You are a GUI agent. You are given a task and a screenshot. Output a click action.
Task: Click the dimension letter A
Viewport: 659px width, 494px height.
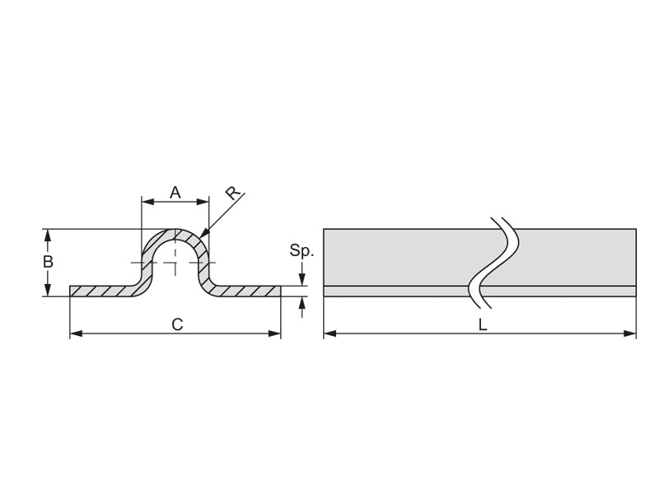175,193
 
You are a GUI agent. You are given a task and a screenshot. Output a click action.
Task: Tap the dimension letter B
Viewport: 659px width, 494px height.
48,262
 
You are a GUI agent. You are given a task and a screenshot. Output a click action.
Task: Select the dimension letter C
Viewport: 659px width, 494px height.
177,324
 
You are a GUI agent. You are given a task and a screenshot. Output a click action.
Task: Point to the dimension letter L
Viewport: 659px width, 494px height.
483,324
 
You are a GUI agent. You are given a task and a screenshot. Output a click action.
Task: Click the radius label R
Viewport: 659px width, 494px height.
233,193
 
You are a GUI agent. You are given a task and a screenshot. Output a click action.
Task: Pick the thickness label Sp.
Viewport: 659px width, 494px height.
301,251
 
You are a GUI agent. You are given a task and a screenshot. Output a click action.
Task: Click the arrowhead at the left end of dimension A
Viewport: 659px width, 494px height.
148,202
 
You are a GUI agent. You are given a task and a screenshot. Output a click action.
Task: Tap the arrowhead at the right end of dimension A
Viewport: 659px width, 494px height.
203,202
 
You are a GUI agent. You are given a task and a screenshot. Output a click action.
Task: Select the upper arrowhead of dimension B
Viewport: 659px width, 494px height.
48,235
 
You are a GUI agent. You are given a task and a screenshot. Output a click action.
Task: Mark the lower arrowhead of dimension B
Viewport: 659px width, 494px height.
48,291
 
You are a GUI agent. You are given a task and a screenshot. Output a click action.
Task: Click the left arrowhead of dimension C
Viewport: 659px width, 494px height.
76,334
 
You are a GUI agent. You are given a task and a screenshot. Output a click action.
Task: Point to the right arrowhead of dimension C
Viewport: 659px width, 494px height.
274,334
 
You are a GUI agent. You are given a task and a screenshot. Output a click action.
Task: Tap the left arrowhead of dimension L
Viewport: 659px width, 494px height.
330,334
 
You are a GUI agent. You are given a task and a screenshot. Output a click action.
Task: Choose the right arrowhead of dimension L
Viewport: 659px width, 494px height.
629,334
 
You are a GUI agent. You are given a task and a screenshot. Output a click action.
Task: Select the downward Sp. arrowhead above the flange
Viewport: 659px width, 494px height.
301,280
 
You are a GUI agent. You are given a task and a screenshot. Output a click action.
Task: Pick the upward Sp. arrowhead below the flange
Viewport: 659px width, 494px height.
301,302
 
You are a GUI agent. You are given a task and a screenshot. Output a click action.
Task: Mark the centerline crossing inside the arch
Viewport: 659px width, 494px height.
175,263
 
